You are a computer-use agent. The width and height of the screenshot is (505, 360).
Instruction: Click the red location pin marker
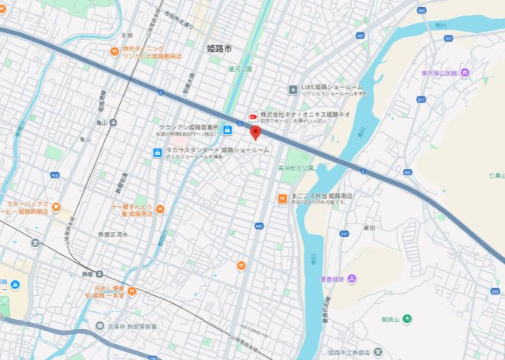click(x=254, y=132)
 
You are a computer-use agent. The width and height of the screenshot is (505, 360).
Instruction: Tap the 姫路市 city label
click(x=220, y=49)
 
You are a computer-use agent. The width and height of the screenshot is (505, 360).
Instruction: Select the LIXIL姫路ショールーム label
click(x=332, y=87)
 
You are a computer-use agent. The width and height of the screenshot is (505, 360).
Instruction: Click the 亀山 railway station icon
click(x=114, y=122)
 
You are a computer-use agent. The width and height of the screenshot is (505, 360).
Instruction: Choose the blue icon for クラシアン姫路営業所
click(x=227, y=130)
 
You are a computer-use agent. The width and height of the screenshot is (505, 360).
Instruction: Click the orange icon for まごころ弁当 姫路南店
click(x=282, y=198)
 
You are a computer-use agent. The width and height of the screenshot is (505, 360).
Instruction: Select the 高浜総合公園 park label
click(x=296, y=167)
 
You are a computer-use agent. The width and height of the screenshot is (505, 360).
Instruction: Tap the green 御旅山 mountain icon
click(x=407, y=319)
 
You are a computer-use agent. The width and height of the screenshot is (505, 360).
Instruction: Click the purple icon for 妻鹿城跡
click(x=352, y=279)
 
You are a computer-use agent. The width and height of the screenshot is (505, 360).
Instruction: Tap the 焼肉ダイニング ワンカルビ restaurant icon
click(x=115, y=52)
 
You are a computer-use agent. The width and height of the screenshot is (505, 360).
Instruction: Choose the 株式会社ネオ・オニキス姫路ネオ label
click(x=294, y=114)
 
